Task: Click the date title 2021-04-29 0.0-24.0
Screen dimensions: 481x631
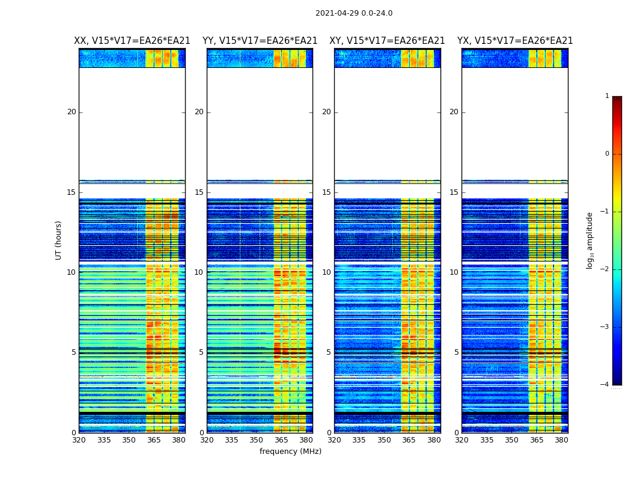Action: tap(354, 13)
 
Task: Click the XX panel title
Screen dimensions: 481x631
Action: tap(132, 41)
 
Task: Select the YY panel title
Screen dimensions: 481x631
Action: tap(260, 41)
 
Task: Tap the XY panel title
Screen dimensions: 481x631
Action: tap(387, 41)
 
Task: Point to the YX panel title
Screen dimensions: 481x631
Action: tap(515, 41)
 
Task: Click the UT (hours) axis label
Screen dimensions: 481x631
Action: tap(59, 240)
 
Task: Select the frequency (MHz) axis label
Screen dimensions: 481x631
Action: tap(290, 452)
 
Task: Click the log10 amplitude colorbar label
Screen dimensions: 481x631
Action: tap(590, 240)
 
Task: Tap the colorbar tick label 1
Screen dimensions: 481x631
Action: tap(607, 96)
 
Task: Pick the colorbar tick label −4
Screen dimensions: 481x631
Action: tap(605, 385)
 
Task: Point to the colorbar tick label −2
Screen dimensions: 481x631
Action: tap(605, 269)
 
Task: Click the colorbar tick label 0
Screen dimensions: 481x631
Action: tap(607, 154)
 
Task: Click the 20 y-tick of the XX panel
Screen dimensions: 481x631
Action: tap(72, 112)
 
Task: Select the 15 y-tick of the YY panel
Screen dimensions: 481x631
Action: tap(199, 192)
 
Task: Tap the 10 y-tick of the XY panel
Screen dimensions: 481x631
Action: tap(326, 272)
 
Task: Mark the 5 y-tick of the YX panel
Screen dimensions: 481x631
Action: tap(456, 352)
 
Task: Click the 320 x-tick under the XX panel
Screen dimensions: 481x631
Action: tap(79, 440)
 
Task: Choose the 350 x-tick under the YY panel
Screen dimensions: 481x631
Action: tap(257, 440)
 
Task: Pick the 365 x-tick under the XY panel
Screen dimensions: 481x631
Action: tap(409, 440)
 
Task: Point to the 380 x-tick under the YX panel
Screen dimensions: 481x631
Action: tap(561, 440)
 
